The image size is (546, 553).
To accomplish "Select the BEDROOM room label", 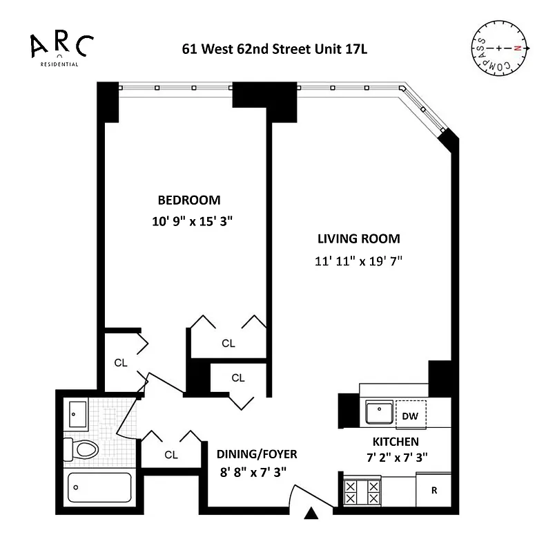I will point(189,200).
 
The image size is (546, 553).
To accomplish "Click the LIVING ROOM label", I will point(358,239).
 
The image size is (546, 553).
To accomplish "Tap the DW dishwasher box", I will point(409,415).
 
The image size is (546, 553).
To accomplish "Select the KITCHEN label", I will point(396,441).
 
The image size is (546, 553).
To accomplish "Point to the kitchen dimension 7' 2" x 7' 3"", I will point(396,457).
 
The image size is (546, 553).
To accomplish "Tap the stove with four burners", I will point(362,491).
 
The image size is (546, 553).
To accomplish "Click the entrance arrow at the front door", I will point(312,514).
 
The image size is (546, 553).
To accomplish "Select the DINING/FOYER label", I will point(257,454).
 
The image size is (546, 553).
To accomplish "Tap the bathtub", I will point(99,487).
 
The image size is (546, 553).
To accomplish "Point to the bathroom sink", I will point(77,415).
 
